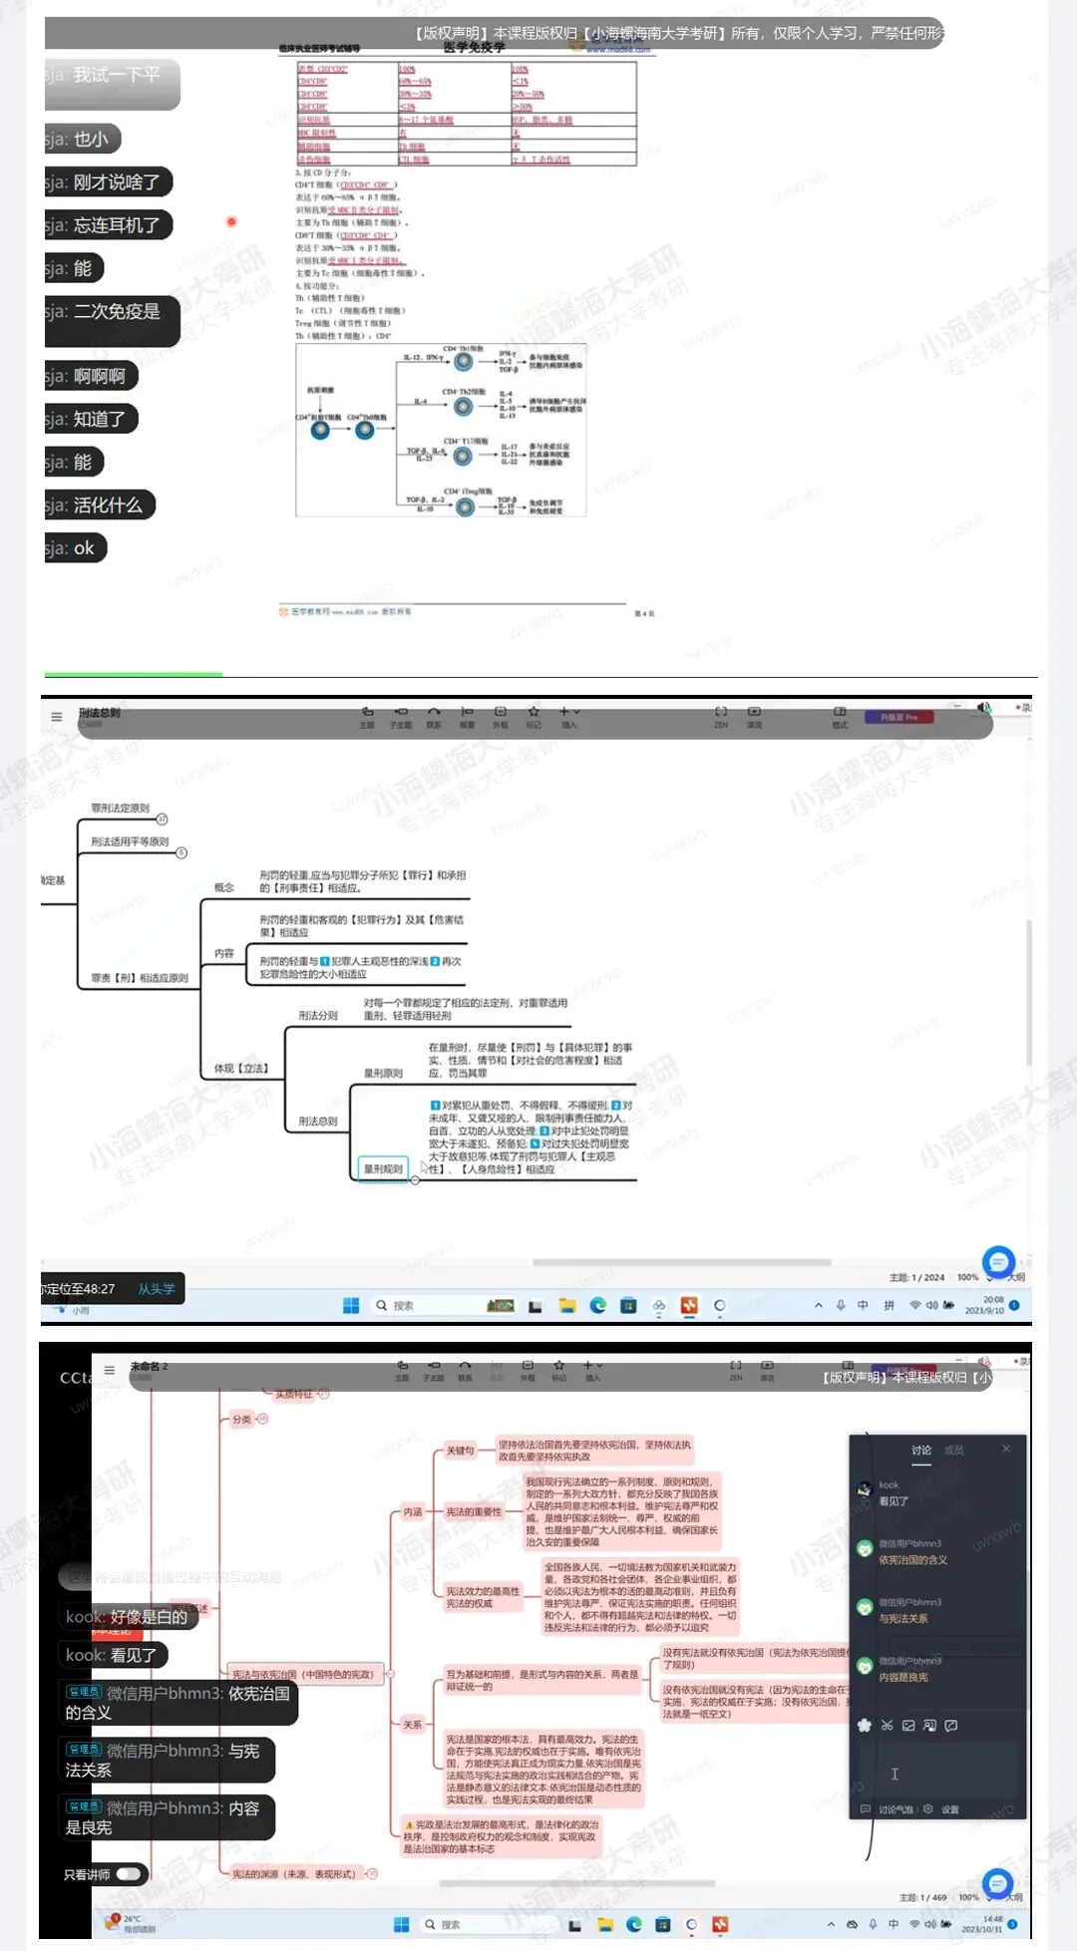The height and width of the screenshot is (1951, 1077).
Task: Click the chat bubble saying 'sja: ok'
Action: point(76,548)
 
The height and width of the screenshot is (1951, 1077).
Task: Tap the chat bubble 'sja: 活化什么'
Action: point(100,505)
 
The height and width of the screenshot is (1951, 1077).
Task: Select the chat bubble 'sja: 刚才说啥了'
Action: point(108,182)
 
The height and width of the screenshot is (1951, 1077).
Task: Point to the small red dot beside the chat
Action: point(231,221)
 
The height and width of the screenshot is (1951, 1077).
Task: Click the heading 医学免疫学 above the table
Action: point(474,47)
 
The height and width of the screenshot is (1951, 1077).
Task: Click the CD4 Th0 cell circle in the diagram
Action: point(364,431)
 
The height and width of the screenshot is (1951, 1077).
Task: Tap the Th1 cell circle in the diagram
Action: point(464,362)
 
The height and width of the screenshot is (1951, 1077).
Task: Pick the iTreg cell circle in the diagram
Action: point(465,507)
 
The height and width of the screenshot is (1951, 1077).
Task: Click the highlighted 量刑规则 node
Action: point(383,1168)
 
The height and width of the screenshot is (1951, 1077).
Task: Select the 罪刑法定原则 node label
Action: point(120,809)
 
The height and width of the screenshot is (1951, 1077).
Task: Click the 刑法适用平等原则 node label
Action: point(130,842)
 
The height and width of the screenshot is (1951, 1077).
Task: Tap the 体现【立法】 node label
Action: point(240,1069)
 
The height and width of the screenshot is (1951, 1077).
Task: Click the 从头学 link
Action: point(156,1289)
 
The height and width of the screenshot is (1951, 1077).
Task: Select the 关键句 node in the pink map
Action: point(460,1451)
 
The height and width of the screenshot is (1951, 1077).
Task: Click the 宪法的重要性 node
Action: point(474,1512)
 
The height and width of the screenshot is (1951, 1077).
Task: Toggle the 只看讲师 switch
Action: point(129,1874)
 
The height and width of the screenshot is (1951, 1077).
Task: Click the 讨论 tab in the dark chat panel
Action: point(921,1451)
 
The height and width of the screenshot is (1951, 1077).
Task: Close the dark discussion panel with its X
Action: point(1006,1449)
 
